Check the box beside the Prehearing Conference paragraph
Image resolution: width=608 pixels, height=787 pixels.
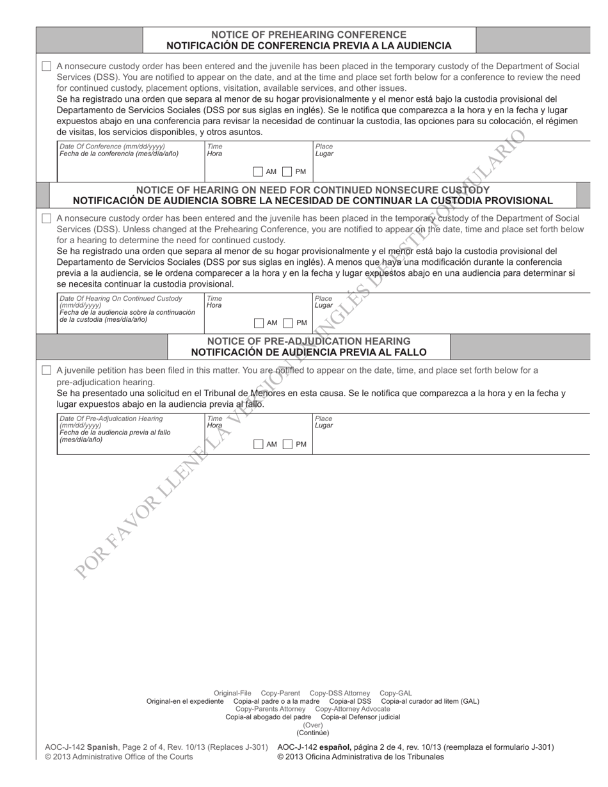coord(46,67)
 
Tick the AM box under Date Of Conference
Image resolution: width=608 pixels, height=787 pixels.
coord(258,171)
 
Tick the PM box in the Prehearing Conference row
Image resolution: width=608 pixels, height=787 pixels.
coord(287,171)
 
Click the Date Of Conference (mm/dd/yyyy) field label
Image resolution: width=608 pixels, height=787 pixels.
coord(112,147)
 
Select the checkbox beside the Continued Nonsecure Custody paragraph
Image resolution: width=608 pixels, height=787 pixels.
coord(46,218)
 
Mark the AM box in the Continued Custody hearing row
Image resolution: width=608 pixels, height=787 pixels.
coord(259,323)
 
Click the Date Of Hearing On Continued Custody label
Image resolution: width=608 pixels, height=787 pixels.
coord(120,298)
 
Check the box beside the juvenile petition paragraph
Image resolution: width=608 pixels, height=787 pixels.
coord(46,370)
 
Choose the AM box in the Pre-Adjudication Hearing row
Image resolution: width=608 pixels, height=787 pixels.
coord(259,444)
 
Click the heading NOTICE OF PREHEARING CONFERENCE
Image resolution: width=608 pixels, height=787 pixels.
coord(308,35)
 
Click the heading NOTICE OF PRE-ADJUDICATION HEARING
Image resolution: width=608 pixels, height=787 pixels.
coord(308,341)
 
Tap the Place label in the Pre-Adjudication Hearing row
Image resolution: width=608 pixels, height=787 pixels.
coord(323,418)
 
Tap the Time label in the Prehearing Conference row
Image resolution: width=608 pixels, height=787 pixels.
coord(214,147)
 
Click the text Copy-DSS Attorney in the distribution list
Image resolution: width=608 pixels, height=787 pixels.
coord(339,693)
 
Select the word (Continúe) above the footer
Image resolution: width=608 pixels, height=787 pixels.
coord(312,733)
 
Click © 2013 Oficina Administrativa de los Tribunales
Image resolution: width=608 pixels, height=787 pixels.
coord(360,757)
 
